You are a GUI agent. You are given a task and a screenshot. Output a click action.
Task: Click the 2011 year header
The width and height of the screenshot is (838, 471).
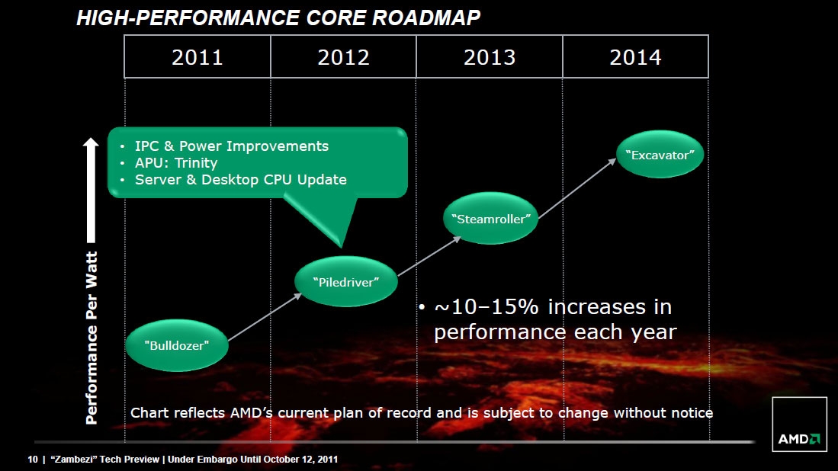[x=197, y=57]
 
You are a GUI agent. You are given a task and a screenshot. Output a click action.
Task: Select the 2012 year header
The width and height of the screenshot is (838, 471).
[x=343, y=57]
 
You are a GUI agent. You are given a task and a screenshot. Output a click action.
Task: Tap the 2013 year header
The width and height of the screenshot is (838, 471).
[x=490, y=57]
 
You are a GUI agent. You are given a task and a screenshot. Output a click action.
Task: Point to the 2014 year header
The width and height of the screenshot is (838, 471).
[x=635, y=57]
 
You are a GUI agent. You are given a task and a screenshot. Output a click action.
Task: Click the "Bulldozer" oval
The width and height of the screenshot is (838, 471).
[x=177, y=344]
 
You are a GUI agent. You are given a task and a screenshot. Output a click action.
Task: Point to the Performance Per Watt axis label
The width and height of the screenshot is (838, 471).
[x=92, y=337]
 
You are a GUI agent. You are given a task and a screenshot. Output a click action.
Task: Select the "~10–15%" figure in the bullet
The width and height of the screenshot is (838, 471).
[x=483, y=308]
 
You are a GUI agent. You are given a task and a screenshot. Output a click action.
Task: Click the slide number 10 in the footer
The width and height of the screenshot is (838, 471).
[x=32, y=459]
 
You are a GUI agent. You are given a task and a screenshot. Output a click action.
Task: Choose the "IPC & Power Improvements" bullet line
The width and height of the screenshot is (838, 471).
[x=232, y=146]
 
